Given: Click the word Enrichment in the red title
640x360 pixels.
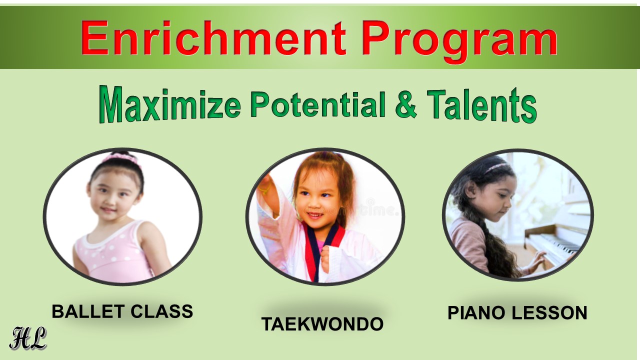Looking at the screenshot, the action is [213, 38].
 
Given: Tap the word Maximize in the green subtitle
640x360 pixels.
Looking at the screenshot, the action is [170, 105].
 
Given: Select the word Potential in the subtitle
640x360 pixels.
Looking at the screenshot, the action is [318, 104].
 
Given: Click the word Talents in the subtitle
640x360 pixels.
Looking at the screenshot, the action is [481, 105].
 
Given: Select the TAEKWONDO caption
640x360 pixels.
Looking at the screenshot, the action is [322, 324].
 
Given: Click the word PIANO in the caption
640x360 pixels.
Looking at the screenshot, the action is [477, 312].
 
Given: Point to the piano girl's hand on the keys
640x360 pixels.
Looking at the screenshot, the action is [536, 256].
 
